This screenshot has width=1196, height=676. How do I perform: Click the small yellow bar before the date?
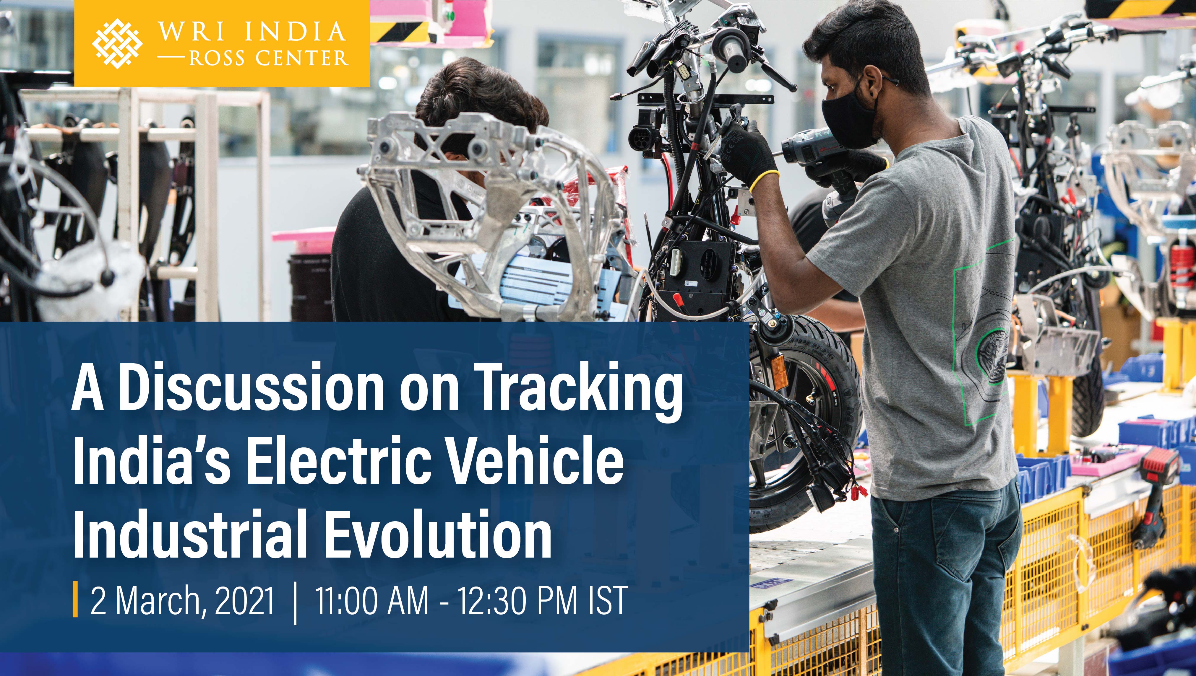pyautogui.click(x=75, y=602)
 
